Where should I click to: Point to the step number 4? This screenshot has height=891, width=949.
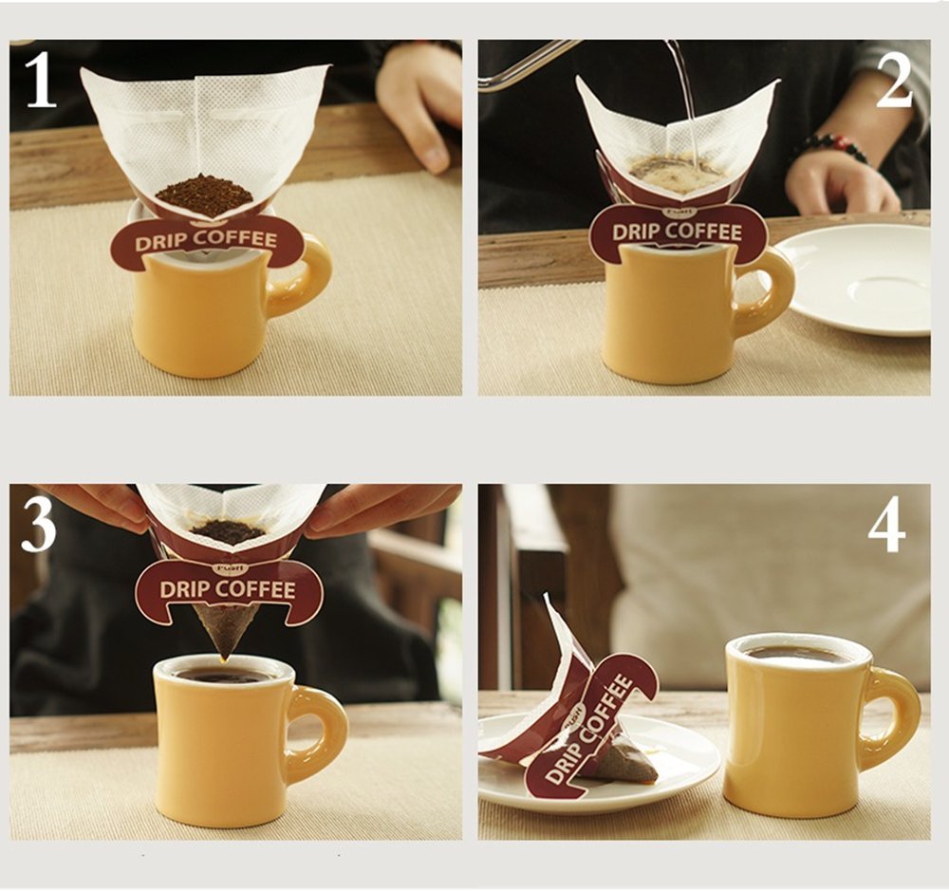[886, 526]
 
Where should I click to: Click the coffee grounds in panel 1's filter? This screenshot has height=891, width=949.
[205, 195]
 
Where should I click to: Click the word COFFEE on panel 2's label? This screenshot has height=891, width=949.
[704, 232]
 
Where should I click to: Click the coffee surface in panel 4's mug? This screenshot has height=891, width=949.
[795, 654]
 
